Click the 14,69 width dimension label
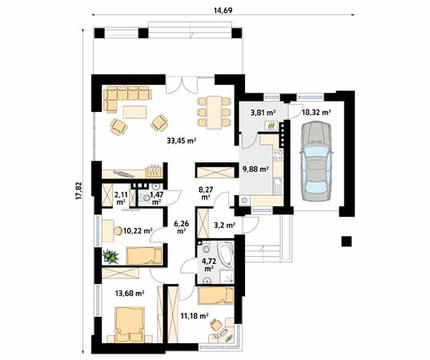223,10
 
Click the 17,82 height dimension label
79,190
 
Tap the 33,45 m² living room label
181,141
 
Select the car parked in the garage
317,161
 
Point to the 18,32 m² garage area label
316,112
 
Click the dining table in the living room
214,112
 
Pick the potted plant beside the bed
111,257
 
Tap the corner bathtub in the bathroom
226,254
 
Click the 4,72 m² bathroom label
208,265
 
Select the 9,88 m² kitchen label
255,170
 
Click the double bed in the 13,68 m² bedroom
130,325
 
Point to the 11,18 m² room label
195,316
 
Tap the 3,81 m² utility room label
263,112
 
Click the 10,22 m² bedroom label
138,231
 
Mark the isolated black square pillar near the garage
347,242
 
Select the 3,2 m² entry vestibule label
224,226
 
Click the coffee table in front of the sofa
135,112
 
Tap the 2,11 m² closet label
121,198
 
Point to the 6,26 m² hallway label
181,227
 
